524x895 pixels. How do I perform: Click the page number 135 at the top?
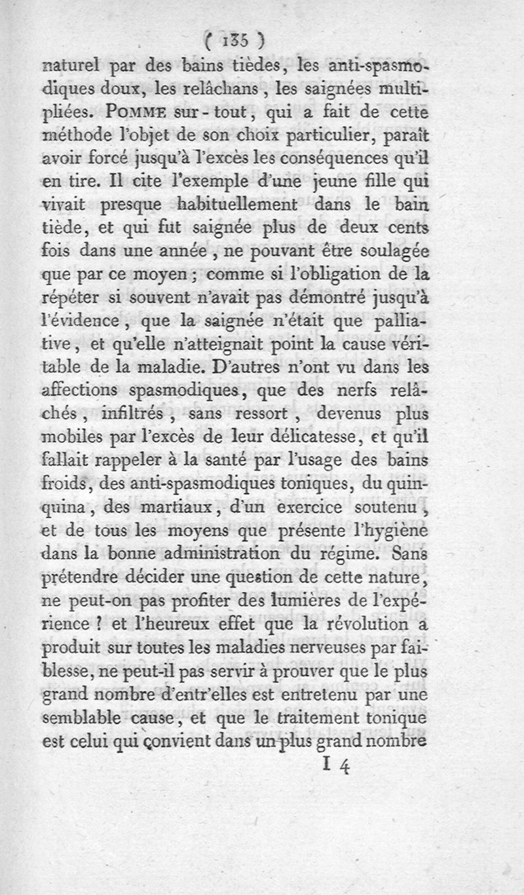tap(233, 41)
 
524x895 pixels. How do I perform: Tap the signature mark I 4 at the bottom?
tap(337, 766)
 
